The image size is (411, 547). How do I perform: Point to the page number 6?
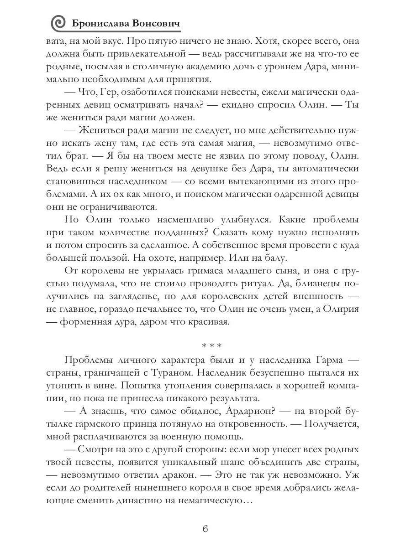(205, 529)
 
